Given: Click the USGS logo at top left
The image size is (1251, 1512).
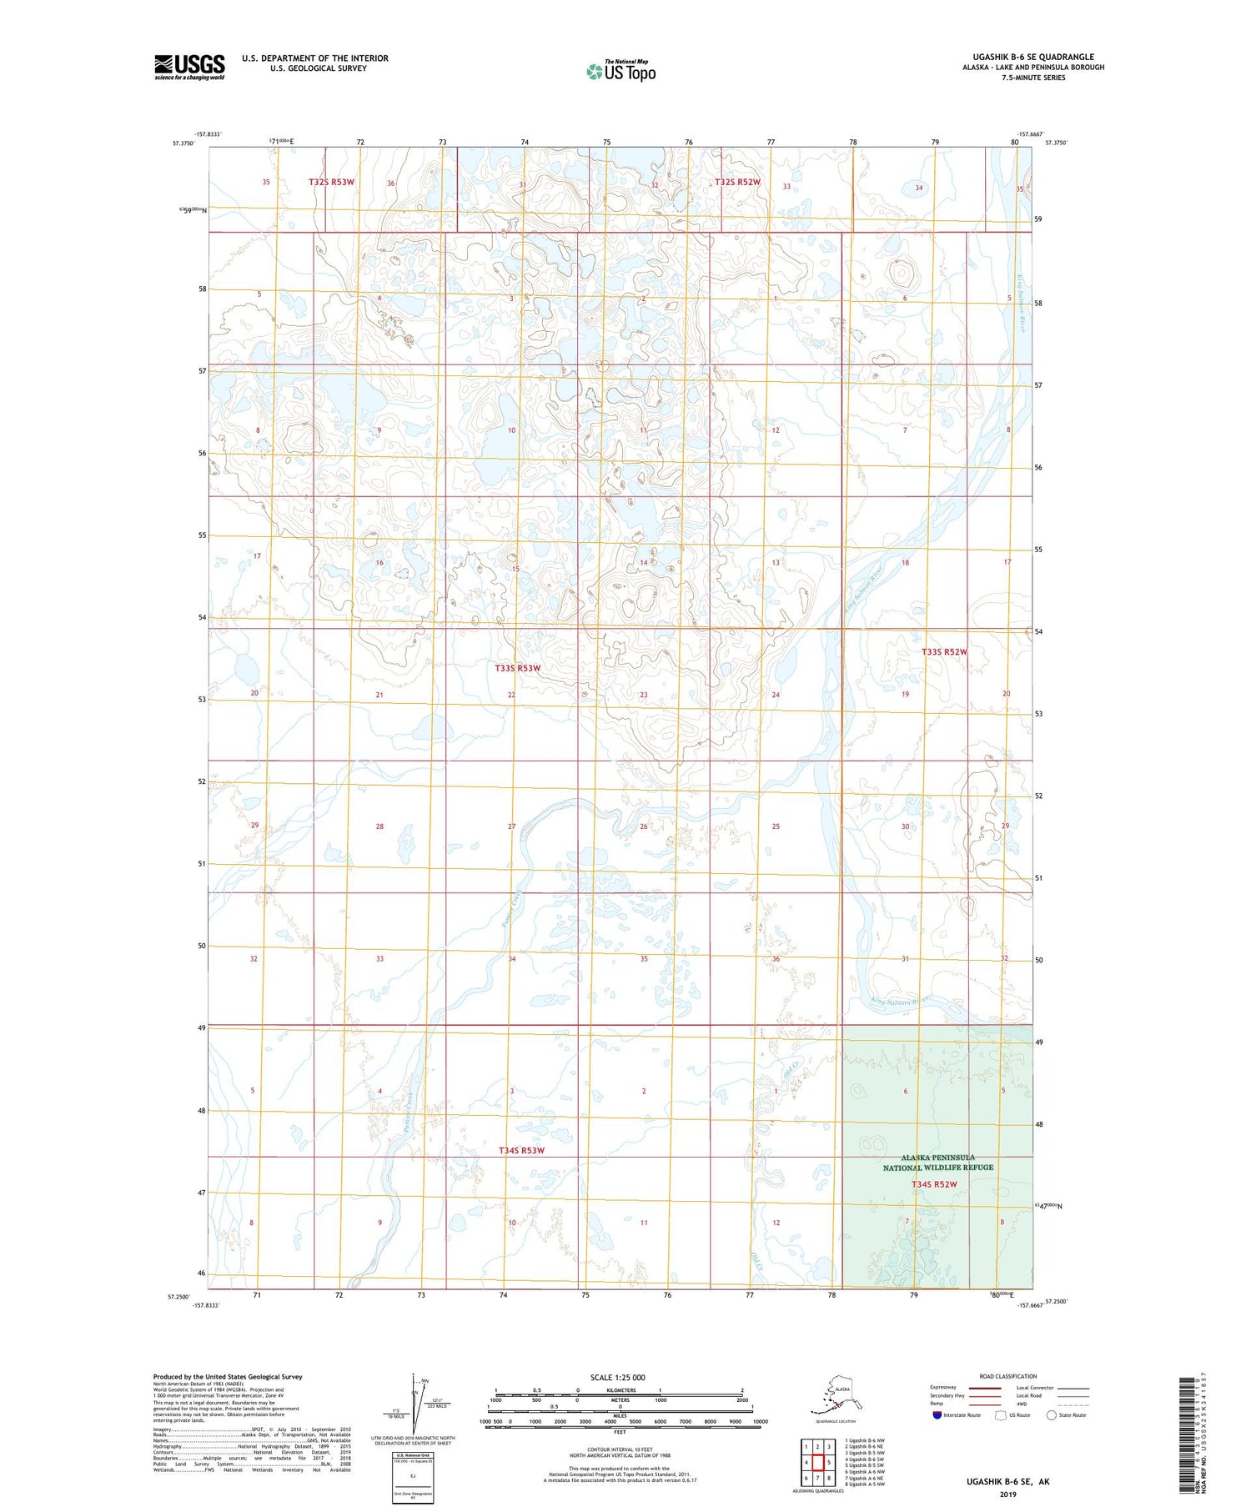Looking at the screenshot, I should [189, 67].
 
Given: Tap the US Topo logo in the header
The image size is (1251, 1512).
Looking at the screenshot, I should [620, 71].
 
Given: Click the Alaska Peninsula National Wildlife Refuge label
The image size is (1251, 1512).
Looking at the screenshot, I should [938, 1163].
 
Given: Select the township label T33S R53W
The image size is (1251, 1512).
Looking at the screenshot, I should [517, 668].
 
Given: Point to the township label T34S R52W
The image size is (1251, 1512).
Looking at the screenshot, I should [933, 1184].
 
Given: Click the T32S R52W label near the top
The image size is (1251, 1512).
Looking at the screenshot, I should [737, 182].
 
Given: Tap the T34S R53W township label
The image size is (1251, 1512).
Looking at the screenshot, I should [521, 1150].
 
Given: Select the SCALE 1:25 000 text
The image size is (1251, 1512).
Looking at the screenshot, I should [617, 1377].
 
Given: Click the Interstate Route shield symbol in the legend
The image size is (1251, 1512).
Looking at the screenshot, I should [937, 1414].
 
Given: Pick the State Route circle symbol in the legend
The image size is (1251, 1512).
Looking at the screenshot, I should [1051, 1414].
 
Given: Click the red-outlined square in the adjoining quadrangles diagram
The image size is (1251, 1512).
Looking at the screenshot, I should [818, 1462].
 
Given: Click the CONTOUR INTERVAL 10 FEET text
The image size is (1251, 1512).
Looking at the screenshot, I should [620, 1449].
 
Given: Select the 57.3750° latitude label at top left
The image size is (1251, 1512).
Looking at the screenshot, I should [183, 143].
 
